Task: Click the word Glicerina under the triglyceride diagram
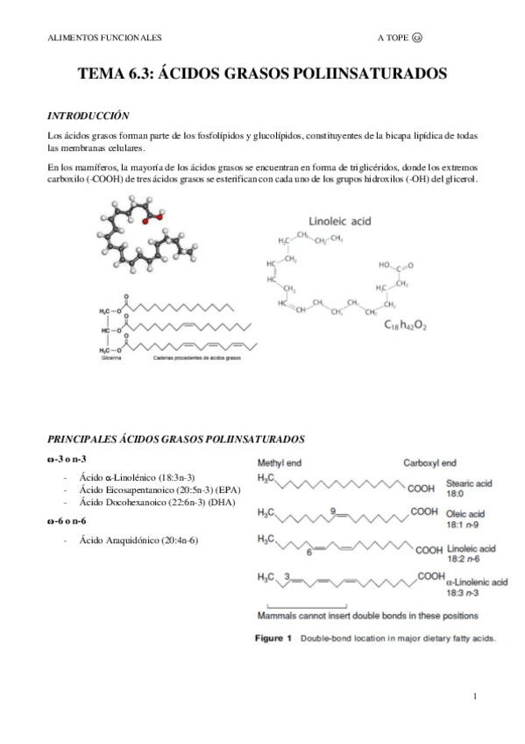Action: [110, 359]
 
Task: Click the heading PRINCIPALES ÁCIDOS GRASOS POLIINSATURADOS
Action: [175, 436]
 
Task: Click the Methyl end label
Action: [281, 461]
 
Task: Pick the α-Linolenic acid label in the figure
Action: [476, 581]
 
